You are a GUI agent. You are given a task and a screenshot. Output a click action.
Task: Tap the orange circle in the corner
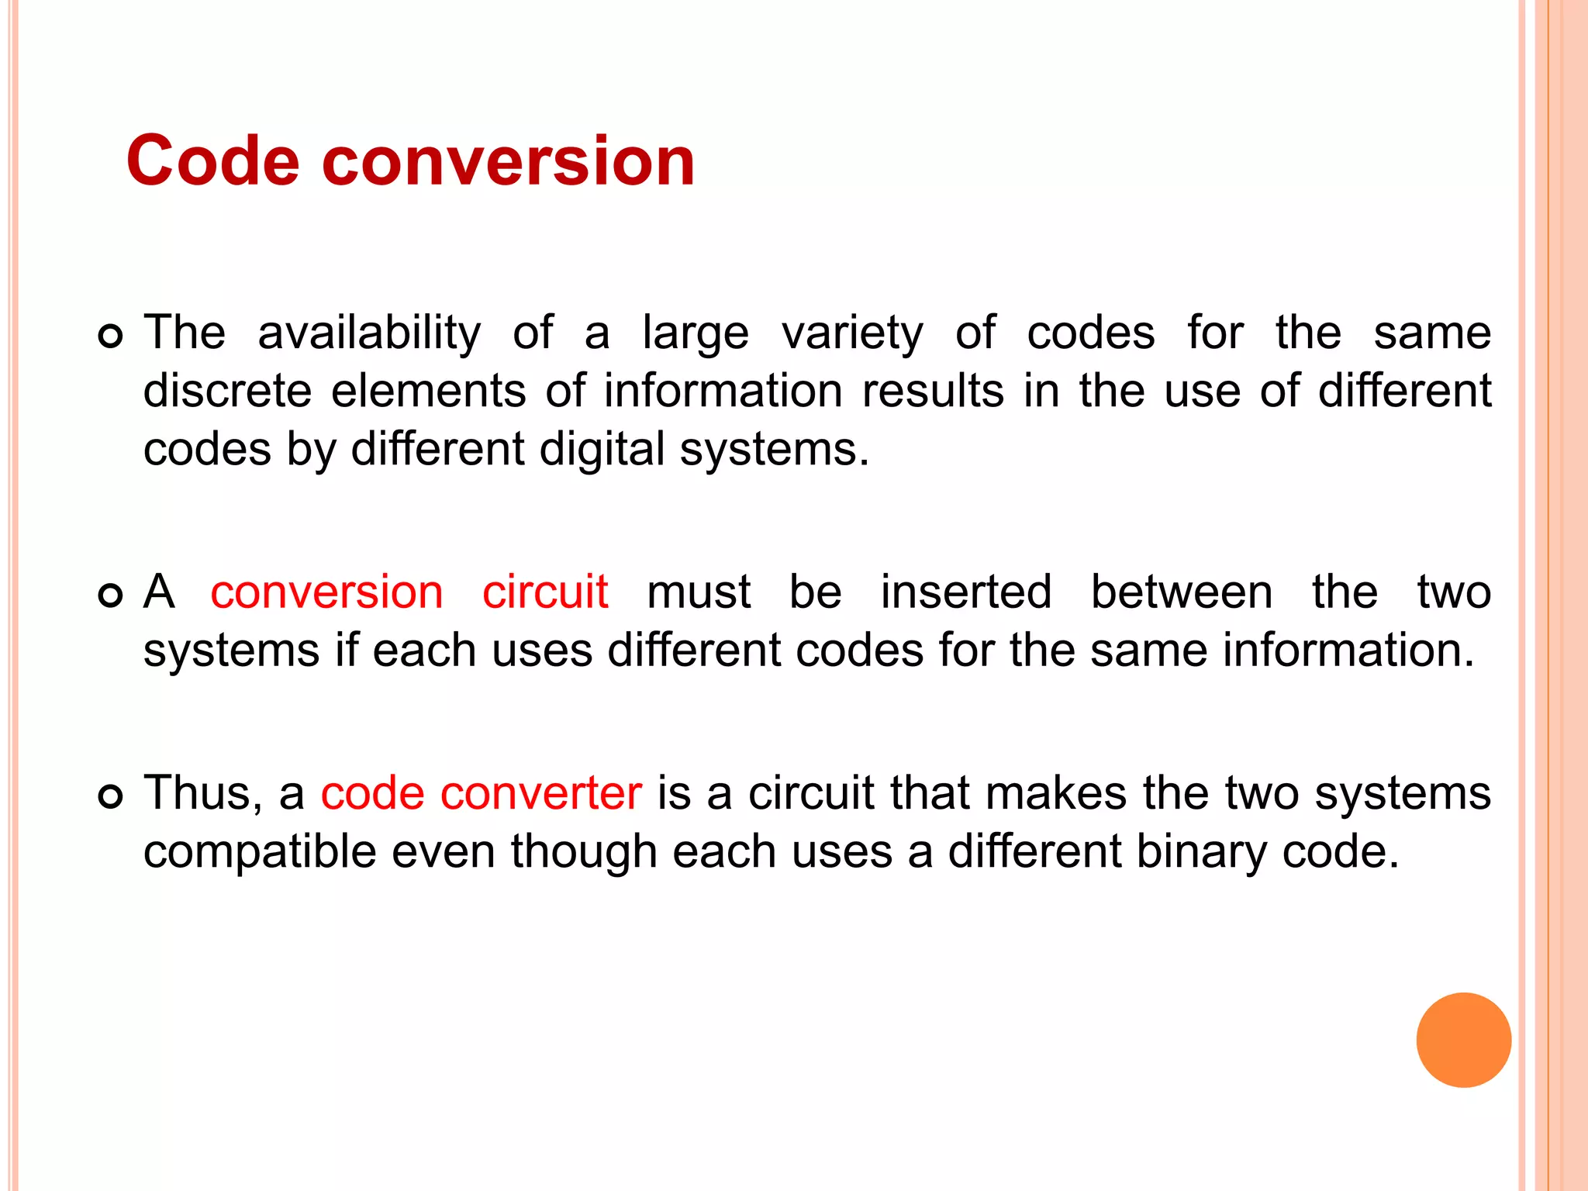1463,1040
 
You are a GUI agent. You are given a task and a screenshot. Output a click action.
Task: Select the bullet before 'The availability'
111,337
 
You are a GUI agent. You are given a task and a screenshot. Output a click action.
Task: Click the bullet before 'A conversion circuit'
111,595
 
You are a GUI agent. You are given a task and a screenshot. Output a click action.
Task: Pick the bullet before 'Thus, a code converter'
111,796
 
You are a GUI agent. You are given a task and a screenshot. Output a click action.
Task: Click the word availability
369,333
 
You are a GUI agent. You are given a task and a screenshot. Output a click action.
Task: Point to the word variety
852,333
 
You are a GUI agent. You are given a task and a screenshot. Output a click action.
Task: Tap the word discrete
227,390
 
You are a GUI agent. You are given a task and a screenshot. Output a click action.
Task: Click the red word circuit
545,592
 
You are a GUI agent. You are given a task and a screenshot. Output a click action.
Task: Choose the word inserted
965,592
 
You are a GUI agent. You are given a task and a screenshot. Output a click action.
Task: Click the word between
1181,592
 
